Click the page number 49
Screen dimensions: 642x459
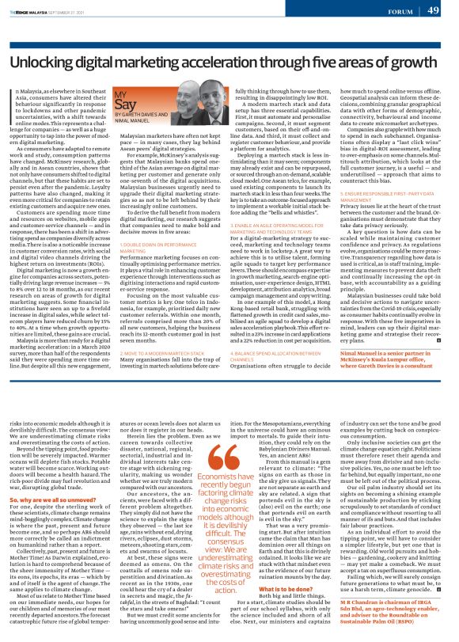[433, 10]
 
